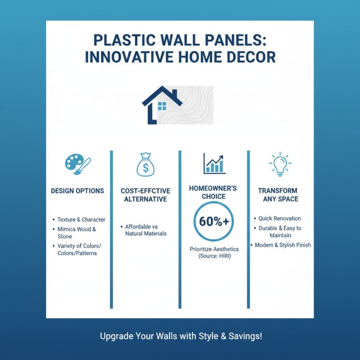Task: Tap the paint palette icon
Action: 77,163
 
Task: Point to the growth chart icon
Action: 214,163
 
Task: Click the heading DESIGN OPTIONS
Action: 77,191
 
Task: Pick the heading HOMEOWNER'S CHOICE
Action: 213,193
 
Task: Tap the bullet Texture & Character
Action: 81,220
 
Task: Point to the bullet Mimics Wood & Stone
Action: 76,233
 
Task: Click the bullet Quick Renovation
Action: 279,218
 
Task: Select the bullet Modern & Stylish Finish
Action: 283,245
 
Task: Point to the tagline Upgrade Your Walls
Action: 180,336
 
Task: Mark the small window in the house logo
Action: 162,106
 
